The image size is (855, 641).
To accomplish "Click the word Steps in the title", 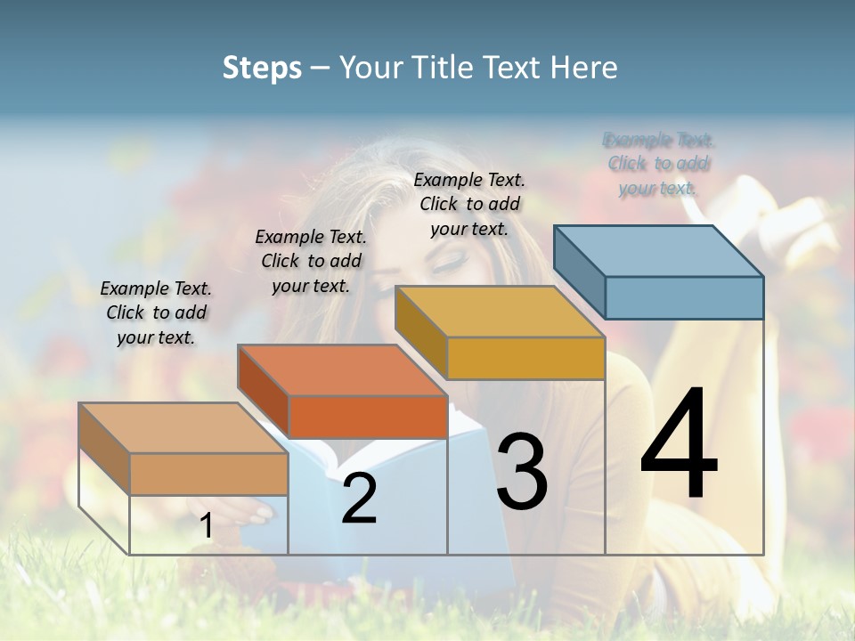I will [262, 68].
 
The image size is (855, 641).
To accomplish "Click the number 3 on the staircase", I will [522, 471].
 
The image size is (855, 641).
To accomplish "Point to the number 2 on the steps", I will [359, 499].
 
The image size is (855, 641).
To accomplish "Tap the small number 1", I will [207, 526].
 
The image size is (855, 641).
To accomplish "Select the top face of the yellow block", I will [500, 311].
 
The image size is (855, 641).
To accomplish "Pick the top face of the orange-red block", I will [342, 369].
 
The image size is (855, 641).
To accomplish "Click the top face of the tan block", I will [183, 427].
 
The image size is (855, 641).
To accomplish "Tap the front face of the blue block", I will [684, 297].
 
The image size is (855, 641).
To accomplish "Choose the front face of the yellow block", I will [525, 358].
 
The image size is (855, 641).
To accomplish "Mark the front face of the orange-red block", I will [368, 417].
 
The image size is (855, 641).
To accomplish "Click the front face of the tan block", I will [208, 474].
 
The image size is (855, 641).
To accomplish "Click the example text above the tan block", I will [156, 312].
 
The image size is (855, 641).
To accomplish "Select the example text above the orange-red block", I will [311, 261].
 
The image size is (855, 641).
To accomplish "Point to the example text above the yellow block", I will [469, 204].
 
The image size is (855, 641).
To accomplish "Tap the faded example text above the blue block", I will [658, 164].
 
